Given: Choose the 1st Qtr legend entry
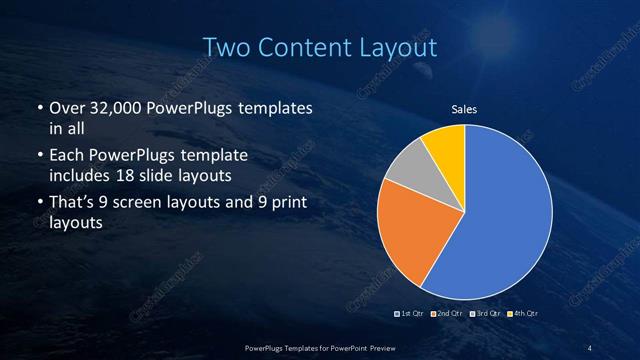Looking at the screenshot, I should [409, 314].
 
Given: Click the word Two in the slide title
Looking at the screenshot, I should [226, 47].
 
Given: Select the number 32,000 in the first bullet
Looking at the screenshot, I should [109, 108].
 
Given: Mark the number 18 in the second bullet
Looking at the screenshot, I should [146, 176].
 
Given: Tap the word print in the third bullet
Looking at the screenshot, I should [289, 204].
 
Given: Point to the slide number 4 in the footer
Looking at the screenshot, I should [589, 347].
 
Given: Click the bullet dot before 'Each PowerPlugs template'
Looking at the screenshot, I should [39, 157].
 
